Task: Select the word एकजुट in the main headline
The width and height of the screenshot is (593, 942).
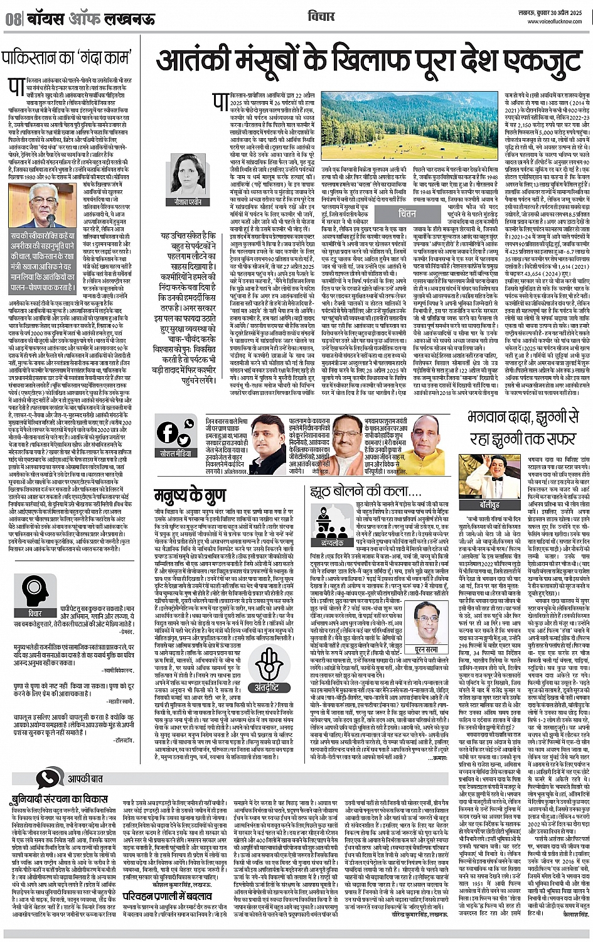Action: tap(524, 62)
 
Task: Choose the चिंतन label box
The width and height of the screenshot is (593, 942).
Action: tap(407, 214)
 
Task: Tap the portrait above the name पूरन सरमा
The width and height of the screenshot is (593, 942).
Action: tap(427, 622)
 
